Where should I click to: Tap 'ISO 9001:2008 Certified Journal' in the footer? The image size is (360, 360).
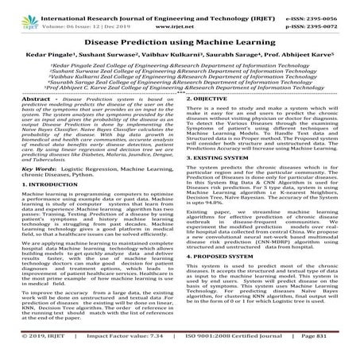pyautogui.click(x=233, y=353)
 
